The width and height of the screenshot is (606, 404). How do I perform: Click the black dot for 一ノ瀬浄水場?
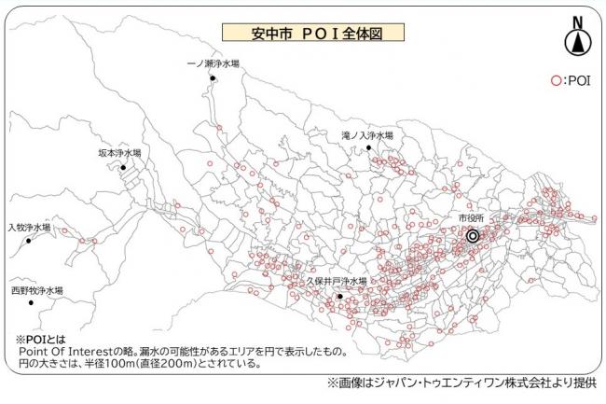click(x=213, y=79)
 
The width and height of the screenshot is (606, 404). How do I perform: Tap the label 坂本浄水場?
click(x=119, y=152)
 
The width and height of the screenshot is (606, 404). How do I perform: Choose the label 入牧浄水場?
click(x=29, y=227)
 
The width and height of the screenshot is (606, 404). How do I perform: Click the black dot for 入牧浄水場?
click(x=29, y=241)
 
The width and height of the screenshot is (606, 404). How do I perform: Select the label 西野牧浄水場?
click(x=37, y=290)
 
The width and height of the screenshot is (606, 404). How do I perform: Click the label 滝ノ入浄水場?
click(x=366, y=135)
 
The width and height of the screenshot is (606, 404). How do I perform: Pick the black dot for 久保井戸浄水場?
click(x=340, y=297)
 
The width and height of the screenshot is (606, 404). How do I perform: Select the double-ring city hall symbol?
click(x=473, y=236)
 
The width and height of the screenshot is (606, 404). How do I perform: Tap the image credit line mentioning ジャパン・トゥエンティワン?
click(x=461, y=383)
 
